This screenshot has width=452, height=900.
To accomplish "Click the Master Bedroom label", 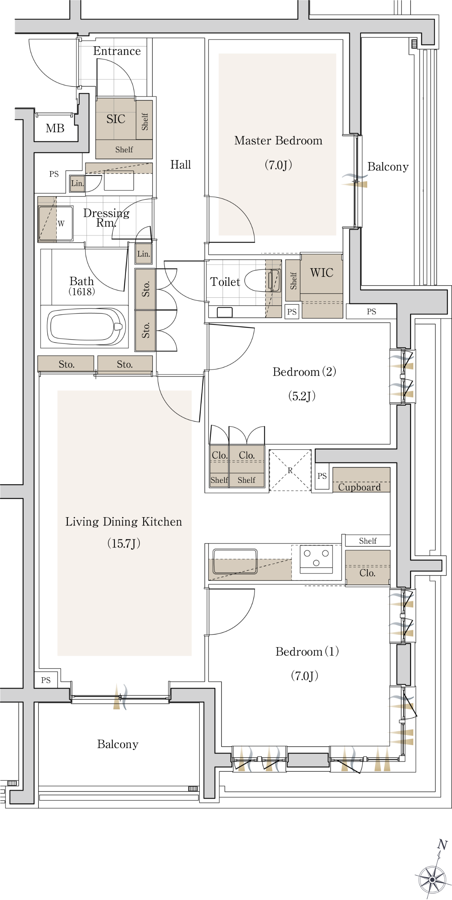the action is (278, 141).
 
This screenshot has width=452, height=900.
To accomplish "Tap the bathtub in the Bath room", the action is (86, 327).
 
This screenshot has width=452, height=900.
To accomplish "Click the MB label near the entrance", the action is (55, 128).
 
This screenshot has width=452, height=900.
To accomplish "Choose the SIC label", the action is (116, 119).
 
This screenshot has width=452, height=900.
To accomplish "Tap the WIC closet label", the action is (322, 273).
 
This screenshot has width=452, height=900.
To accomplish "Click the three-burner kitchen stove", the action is (316, 559).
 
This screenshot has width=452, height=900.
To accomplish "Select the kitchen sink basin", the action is (235, 561).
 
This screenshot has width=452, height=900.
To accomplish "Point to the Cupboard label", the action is (359, 487).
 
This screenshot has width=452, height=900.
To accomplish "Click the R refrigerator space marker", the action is (290, 470).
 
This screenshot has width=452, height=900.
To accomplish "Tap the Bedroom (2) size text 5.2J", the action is (302, 396).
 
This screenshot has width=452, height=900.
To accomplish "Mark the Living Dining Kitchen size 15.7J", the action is (124, 543).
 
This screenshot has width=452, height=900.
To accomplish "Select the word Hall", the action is (181, 165).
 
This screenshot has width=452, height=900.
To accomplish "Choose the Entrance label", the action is (117, 51).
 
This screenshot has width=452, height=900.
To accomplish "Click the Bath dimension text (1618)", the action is (82, 291).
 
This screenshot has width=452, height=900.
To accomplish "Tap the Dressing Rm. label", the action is (106, 218).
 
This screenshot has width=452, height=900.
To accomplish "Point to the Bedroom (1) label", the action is (307, 651).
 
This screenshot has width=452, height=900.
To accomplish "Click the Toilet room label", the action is (225, 282).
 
